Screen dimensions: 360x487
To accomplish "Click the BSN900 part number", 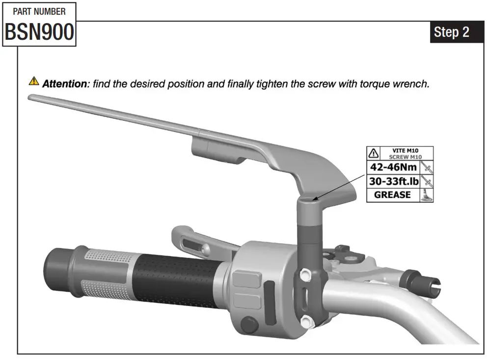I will (39, 32).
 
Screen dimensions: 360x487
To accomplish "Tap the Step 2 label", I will (451, 32).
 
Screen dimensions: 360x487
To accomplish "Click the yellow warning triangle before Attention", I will (33, 81).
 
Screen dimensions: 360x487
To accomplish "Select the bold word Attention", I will (64, 83).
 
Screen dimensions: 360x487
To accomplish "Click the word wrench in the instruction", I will (412, 83).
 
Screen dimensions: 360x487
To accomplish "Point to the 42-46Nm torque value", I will (393, 167).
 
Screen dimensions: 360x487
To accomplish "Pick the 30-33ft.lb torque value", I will (394, 181).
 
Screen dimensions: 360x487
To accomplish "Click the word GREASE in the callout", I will (392, 195).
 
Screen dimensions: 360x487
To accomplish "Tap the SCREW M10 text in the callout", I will (406, 157).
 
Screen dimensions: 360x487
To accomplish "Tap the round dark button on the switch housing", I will (250, 325).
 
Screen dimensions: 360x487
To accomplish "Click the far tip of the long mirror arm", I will (32, 97).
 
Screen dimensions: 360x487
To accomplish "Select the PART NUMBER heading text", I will (39, 11).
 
